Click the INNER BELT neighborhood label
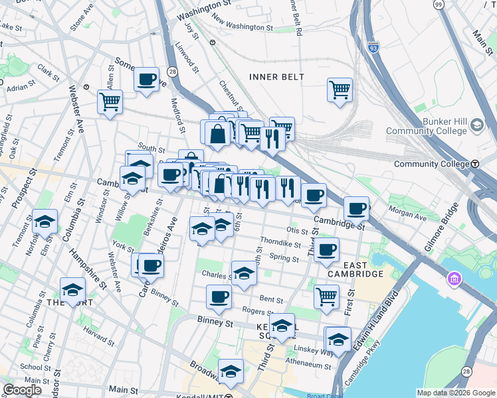tap(276, 77)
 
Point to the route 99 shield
tap(438, 4)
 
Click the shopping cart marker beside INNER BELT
tap(340, 89)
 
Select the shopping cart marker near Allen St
tap(110, 102)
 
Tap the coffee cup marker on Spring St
tap(326, 250)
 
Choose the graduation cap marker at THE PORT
tap(72, 289)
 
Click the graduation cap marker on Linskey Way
tap(338, 339)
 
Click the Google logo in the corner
tap(22, 390)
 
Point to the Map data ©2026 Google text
tap(456, 393)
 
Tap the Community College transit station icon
tap(475, 164)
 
